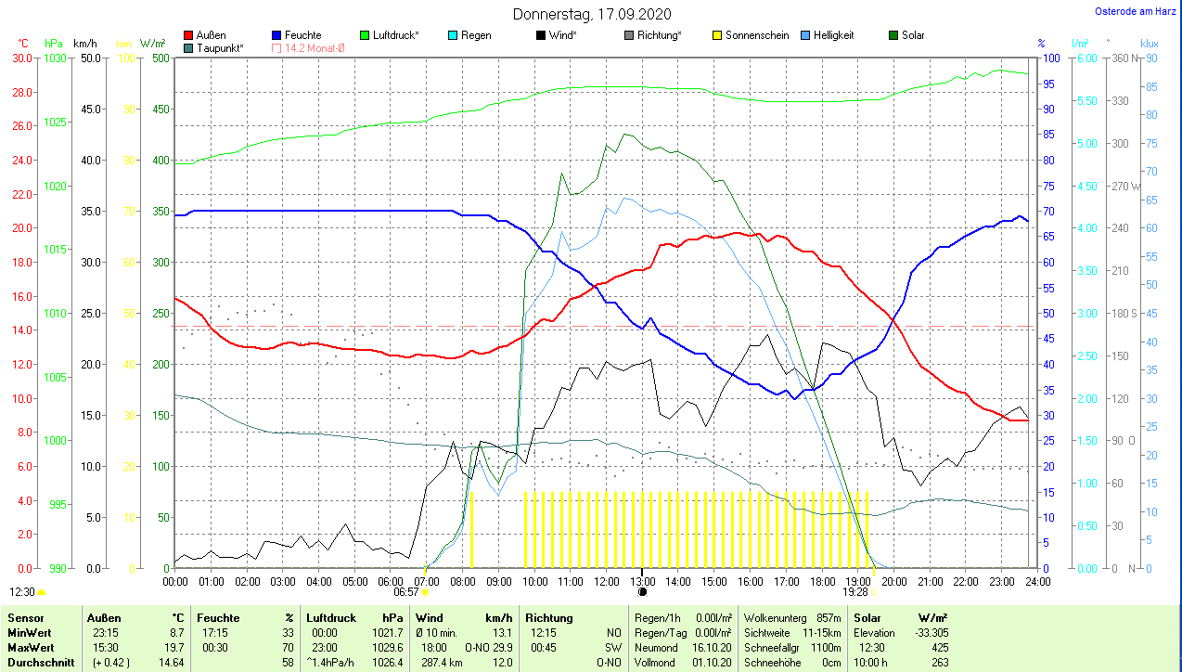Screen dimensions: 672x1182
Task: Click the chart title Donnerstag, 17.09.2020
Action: (592, 14)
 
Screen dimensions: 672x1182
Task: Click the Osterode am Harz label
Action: (1137, 11)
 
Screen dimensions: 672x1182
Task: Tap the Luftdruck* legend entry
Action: (395, 35)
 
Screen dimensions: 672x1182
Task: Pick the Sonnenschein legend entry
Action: (756, 35)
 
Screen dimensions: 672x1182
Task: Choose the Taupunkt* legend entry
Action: (220, 47)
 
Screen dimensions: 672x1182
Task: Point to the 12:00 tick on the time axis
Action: (606, 582)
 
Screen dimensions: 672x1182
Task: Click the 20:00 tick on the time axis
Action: (893, 582)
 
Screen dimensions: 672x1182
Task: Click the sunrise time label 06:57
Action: (406, 592)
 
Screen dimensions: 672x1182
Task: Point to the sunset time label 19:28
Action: (855, 592)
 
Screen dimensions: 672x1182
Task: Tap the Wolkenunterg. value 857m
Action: (828, 617)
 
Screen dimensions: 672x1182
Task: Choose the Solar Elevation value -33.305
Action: (930, 632)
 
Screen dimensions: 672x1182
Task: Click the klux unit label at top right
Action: (1149, 44)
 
